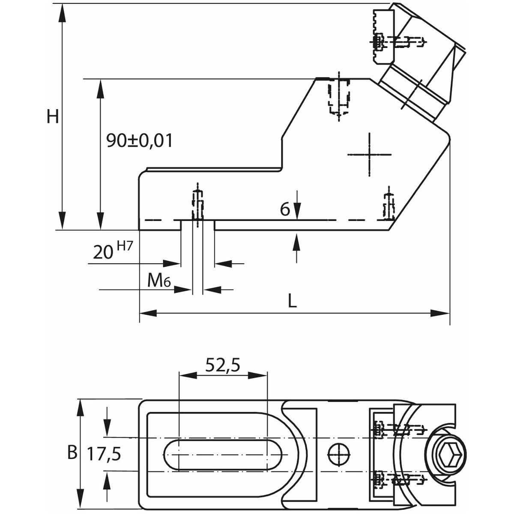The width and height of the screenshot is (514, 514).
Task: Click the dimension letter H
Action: click(x=53, y=117)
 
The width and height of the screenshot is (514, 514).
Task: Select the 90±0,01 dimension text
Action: click(x=140, y=140)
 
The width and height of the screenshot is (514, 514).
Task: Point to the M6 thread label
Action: click(x=159, y=281)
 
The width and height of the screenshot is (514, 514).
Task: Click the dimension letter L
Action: click(x=292, y=302)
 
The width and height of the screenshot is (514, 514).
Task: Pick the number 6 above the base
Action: click(x=285, y=209)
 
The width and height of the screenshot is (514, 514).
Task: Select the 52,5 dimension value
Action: click(x=223, y=365)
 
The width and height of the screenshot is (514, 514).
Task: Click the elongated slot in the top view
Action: click(x=222, y=454)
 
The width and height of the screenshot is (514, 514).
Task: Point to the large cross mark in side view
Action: click(x=369, y=154)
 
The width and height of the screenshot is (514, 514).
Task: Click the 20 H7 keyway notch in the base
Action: click(x=197, y=225)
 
